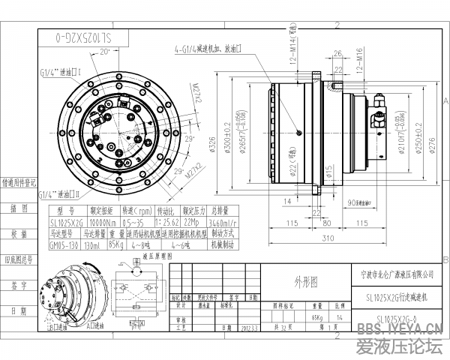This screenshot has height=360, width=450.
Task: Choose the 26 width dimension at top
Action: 338,52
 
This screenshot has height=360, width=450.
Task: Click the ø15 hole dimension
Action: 328,173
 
